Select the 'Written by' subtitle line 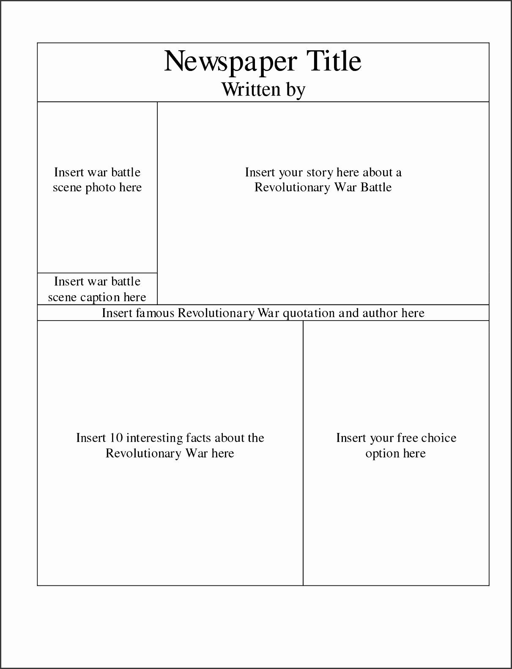(263, 90)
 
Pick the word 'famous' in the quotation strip (155, 313)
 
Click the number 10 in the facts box (116, 438)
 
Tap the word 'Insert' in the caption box (69, 282)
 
